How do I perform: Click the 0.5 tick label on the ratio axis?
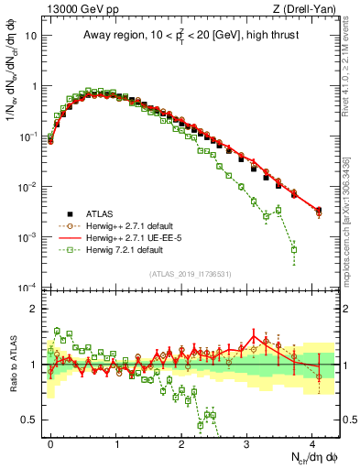33,420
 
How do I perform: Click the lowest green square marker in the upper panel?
294,249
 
